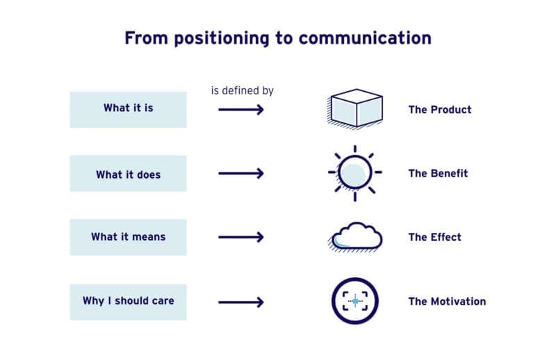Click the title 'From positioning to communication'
(x=278, y=38)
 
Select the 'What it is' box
(x=128, y=109)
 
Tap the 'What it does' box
(x=128, y=173)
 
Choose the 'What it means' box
(x=128, y=237)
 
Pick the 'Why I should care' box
(x=128, y=302)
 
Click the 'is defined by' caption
(x=242, y=90)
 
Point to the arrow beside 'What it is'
(x=241, y=110)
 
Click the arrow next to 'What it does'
(x=241, y=174)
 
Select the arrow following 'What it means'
(x=241, y=238)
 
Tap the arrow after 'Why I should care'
(x=241, y=302)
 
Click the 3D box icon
(x=355, y=109)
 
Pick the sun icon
(x=354, y=172)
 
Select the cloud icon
(x=355, y=236)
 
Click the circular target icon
(x=355, y=301)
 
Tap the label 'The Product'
(x=439, y=110)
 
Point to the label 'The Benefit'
(x=438, y=174)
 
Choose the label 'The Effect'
(x=434, y=238)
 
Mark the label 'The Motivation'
(x=447, y=302)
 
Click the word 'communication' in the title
(x=366, y=38)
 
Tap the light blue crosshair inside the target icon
(x=356, y=301)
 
